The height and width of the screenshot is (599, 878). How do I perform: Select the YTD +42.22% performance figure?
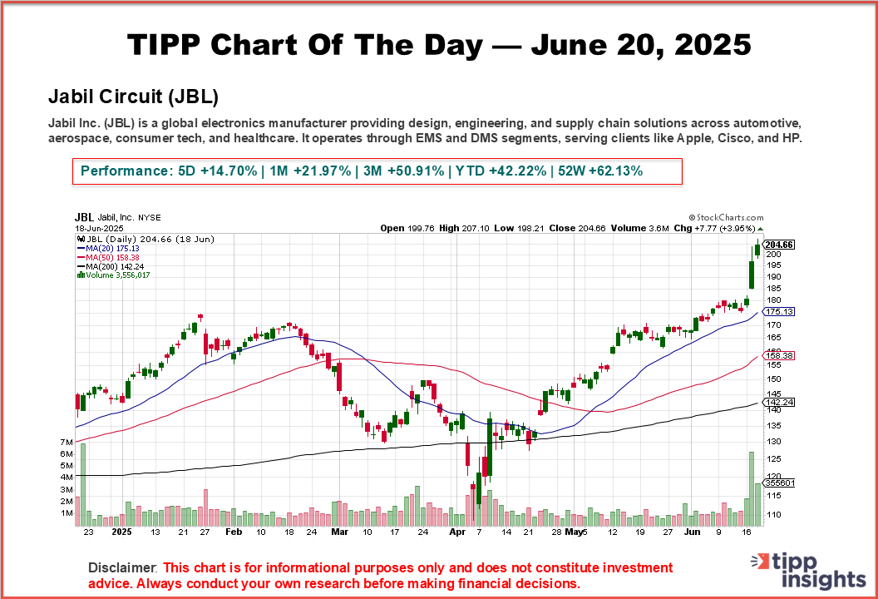(496, 171)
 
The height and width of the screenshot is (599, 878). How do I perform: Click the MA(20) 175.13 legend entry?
(109, 248)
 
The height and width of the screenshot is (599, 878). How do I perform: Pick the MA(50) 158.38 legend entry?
(109, 257)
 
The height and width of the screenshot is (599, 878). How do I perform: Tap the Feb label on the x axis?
(234, 530)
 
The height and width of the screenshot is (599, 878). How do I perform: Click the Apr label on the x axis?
(457, 530)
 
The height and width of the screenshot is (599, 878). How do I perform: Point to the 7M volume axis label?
(67, 441)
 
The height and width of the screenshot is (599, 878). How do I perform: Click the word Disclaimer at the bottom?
(121, 567)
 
